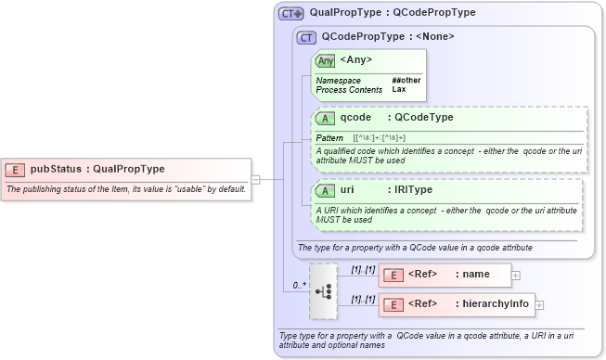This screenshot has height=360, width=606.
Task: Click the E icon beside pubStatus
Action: [15, 169]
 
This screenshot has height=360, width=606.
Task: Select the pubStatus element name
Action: [55, 169]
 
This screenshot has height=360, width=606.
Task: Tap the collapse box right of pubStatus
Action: [256, 179]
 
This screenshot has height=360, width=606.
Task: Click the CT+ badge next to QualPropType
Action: [291, 14]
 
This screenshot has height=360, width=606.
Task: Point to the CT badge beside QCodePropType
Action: [305, 37]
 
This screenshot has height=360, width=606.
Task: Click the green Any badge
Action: [326, 60]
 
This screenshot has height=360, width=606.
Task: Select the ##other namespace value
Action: [406, 81]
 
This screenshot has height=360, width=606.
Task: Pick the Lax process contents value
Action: [398, 90]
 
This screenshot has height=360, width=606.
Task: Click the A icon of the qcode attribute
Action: [325, 118]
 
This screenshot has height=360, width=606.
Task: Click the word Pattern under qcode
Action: [329, 137]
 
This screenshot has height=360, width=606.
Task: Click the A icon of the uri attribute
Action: [325, 190]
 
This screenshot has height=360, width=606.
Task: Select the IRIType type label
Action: [413, 190]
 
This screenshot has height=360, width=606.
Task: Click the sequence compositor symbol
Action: [324, 289]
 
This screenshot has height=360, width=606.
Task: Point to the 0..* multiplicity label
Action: [299, 285]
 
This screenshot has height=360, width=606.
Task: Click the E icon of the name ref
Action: [393, 275]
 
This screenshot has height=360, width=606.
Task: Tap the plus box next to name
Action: [516, 275]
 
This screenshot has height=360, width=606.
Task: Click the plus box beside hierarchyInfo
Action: [539, 304]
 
